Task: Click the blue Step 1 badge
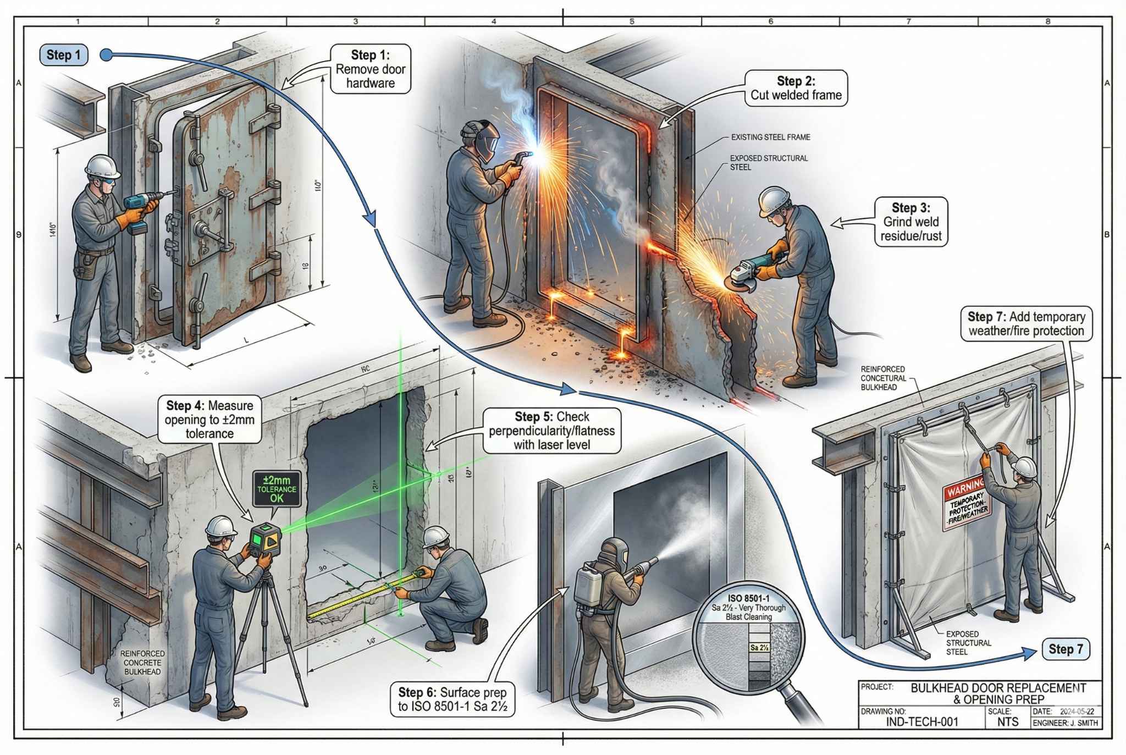[x=64, y=55]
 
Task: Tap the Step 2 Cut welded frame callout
[x=796, y=88]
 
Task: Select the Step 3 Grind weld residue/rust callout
[x=911, y=222]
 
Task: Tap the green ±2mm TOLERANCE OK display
[x=277, y=488]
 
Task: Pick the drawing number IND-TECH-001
[x=922, y=722]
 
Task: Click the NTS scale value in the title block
[x=1008, y=722]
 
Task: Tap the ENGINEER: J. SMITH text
[x=1065, y=723]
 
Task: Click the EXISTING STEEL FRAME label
[x=770, y=137]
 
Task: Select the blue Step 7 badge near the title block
[x=1065, y=649]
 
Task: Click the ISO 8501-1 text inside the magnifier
[x=748, y=598]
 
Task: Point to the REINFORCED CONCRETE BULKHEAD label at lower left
[x=142, y=663]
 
